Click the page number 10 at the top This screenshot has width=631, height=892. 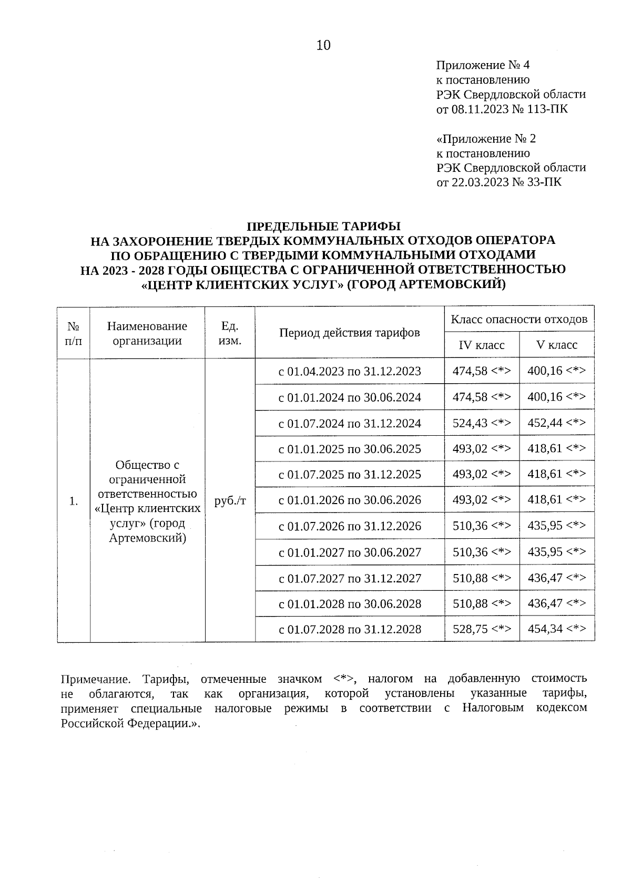(x=323, y=46)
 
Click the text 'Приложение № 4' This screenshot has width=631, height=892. (x=483, y=65)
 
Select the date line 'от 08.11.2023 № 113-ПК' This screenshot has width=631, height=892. (x=502, y=109)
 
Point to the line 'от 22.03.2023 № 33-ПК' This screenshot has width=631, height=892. (x=498, y=182)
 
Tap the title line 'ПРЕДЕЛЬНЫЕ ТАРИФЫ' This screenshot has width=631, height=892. (x=323, y=227)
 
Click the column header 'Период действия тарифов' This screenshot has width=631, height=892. (x=349, y=333)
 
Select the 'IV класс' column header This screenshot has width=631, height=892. (x=482, y=345)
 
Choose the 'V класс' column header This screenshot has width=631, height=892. (x=556, y=345)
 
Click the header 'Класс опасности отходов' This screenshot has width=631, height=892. (x=519, y=319)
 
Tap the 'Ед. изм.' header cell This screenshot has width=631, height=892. (x=230, y=333)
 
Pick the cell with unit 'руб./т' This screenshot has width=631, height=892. (x=230, y=501)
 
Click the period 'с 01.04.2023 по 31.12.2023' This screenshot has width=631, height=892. (x=349, y=372)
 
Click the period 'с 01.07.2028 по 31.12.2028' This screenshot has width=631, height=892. (x=349, y=630)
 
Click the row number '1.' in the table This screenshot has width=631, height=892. (x=74, y=501)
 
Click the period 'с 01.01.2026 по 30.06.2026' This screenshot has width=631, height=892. (x=349, y=500)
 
